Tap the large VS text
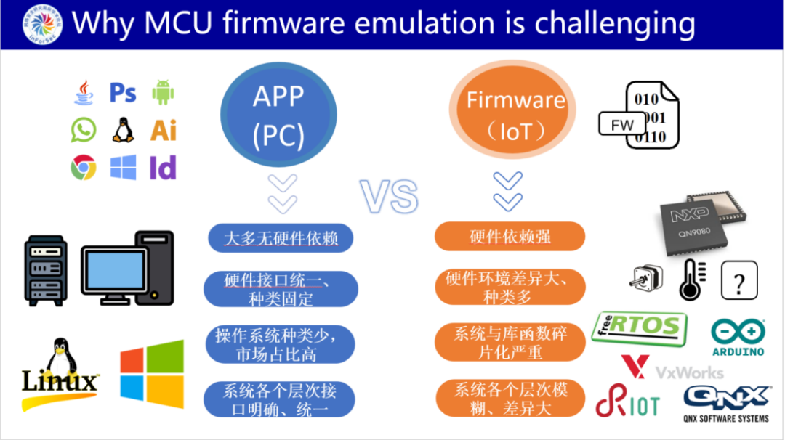pos(390,195)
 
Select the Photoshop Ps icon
pos(123,93)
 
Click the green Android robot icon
pos(164,93)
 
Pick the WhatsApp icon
pos(83,131)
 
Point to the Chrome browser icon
pos(83,168)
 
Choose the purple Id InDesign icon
pos(163,168)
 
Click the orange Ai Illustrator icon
pos(164,131)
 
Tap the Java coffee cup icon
pos(83,93)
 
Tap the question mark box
pos(738,281)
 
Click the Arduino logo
pos(738,338)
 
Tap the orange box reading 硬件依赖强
pos(510,237)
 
